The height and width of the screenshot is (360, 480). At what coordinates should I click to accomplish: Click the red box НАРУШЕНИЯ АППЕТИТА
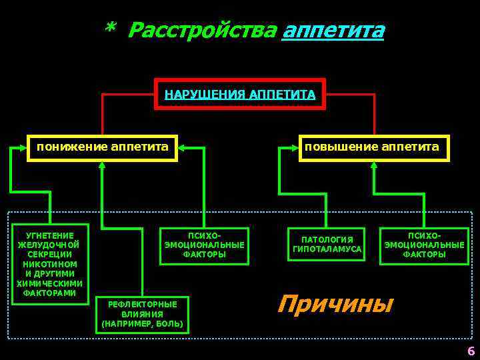(x=240, y=95)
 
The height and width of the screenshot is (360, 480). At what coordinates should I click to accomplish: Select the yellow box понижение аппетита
(x=102, y=147)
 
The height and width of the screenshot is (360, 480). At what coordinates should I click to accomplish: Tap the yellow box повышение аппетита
(x=373, y=147)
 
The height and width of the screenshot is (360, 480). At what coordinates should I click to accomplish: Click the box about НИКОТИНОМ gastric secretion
(x=51, y=264)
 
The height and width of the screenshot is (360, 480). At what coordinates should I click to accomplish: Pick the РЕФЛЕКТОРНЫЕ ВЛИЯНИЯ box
(x=143, y=314)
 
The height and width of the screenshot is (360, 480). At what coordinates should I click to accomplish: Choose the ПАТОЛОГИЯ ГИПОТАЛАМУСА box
(x=327, y=245)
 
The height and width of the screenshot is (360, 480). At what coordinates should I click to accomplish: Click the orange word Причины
(x=335, y=303)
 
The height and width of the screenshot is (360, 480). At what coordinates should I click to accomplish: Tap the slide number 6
(x=471, y=351)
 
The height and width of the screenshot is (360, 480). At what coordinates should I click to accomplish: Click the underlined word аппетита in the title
(x=333, y=30)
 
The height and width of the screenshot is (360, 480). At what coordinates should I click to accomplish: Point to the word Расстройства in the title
(x=201, y=30)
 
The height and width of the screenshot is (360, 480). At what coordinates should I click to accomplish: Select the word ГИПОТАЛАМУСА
(x=327, y=250)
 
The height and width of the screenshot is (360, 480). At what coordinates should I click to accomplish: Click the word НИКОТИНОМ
(x=51, y=264)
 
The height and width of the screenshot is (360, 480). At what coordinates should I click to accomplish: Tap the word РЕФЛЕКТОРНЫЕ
(x=143, y=304)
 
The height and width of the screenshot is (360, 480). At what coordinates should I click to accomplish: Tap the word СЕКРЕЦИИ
(x=51, y=254)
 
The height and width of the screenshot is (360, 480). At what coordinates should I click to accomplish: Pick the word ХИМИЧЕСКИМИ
(x=51, y=283)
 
